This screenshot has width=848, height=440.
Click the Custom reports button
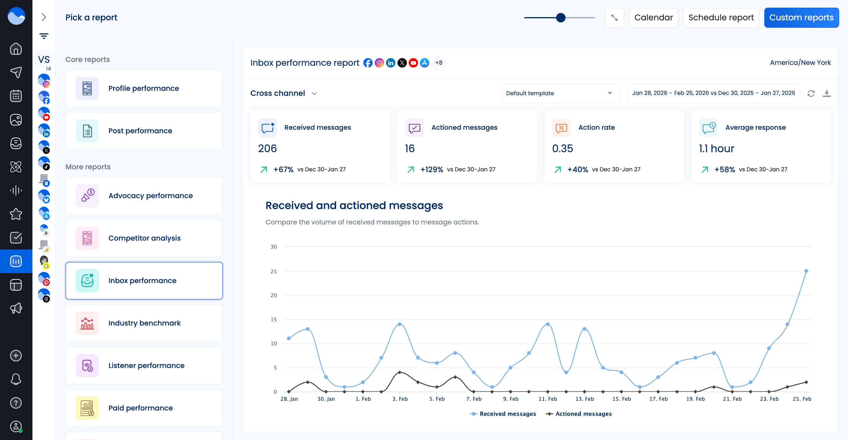coord(801,17)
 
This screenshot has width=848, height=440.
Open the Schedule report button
coord(721,17)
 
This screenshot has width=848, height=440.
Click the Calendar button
coord(653,17)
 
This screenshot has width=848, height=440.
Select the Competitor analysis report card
coord(144,238)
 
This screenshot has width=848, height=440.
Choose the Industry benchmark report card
coord(144,323)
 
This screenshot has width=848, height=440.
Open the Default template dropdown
coord(560,93)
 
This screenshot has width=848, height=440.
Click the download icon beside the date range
coord(826,93)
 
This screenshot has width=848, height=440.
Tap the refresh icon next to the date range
coord(811,93)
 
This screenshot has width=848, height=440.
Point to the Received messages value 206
coord(267,149)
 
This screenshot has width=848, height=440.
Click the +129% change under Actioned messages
coord(431,170)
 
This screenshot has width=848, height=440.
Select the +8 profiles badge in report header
coord(438,63)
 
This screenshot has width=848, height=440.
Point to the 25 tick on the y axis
coord(273,271)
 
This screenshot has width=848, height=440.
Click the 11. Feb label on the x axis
coord(548,399)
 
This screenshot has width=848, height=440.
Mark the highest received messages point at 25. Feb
coord(806,271)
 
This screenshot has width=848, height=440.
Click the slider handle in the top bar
coord(561,17)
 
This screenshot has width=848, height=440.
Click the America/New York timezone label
coord(800,63)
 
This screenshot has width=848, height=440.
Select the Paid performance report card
coord(144,408)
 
